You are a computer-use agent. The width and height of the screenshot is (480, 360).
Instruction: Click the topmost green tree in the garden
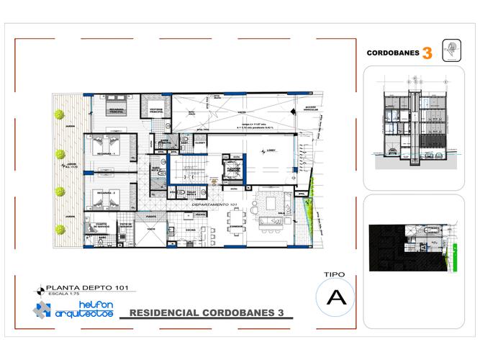tap(60, 113)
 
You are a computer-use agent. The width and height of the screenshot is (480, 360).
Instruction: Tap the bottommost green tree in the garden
tap(60, 230)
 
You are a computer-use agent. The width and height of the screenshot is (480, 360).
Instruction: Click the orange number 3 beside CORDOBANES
tap(427, 53)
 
